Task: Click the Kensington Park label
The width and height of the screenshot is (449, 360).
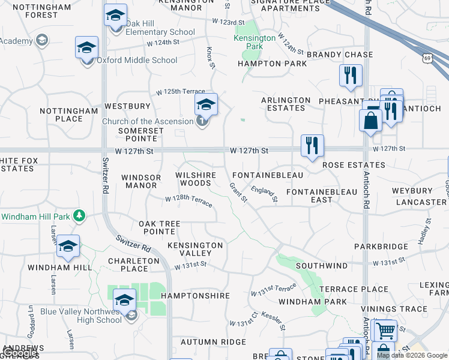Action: tap(255, 42)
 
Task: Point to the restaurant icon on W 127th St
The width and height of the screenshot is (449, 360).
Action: tap(312, 146)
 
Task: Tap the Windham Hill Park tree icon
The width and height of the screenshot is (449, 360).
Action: tap(78, 215)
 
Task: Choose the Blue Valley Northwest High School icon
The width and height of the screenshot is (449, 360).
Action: tap(124, 300)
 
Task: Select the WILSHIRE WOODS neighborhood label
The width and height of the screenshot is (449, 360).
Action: tap(194, 178)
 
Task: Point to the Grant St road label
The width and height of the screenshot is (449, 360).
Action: tap(238, 193)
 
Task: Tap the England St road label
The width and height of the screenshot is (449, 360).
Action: tap(265, 194)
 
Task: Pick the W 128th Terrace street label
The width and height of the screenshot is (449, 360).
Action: tap(188, 200)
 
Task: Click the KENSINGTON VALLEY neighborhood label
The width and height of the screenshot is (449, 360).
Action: tap(195, 249)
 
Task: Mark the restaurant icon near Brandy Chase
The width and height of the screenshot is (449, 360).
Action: tap(349, 76)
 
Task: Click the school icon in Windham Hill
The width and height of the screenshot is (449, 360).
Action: tap(68, 247)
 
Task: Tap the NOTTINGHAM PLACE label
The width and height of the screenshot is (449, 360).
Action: tap(68, 115)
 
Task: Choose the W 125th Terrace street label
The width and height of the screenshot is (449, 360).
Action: tap(181, 92)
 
